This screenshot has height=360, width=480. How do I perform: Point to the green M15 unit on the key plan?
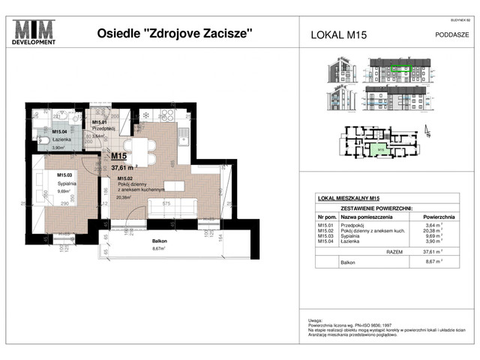tap(381, 148)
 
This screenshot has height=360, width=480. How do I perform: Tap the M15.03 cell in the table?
tap(325, 236)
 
